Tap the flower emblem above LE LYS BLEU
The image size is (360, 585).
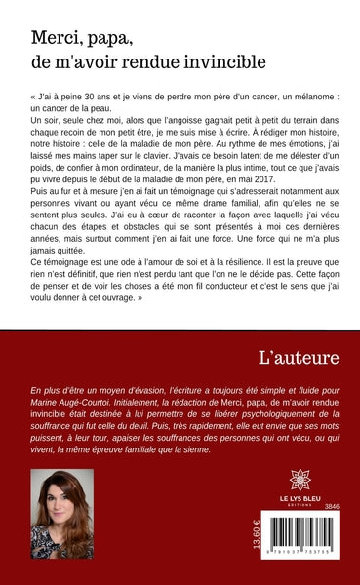pyautogui.click(x=300, y=480)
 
